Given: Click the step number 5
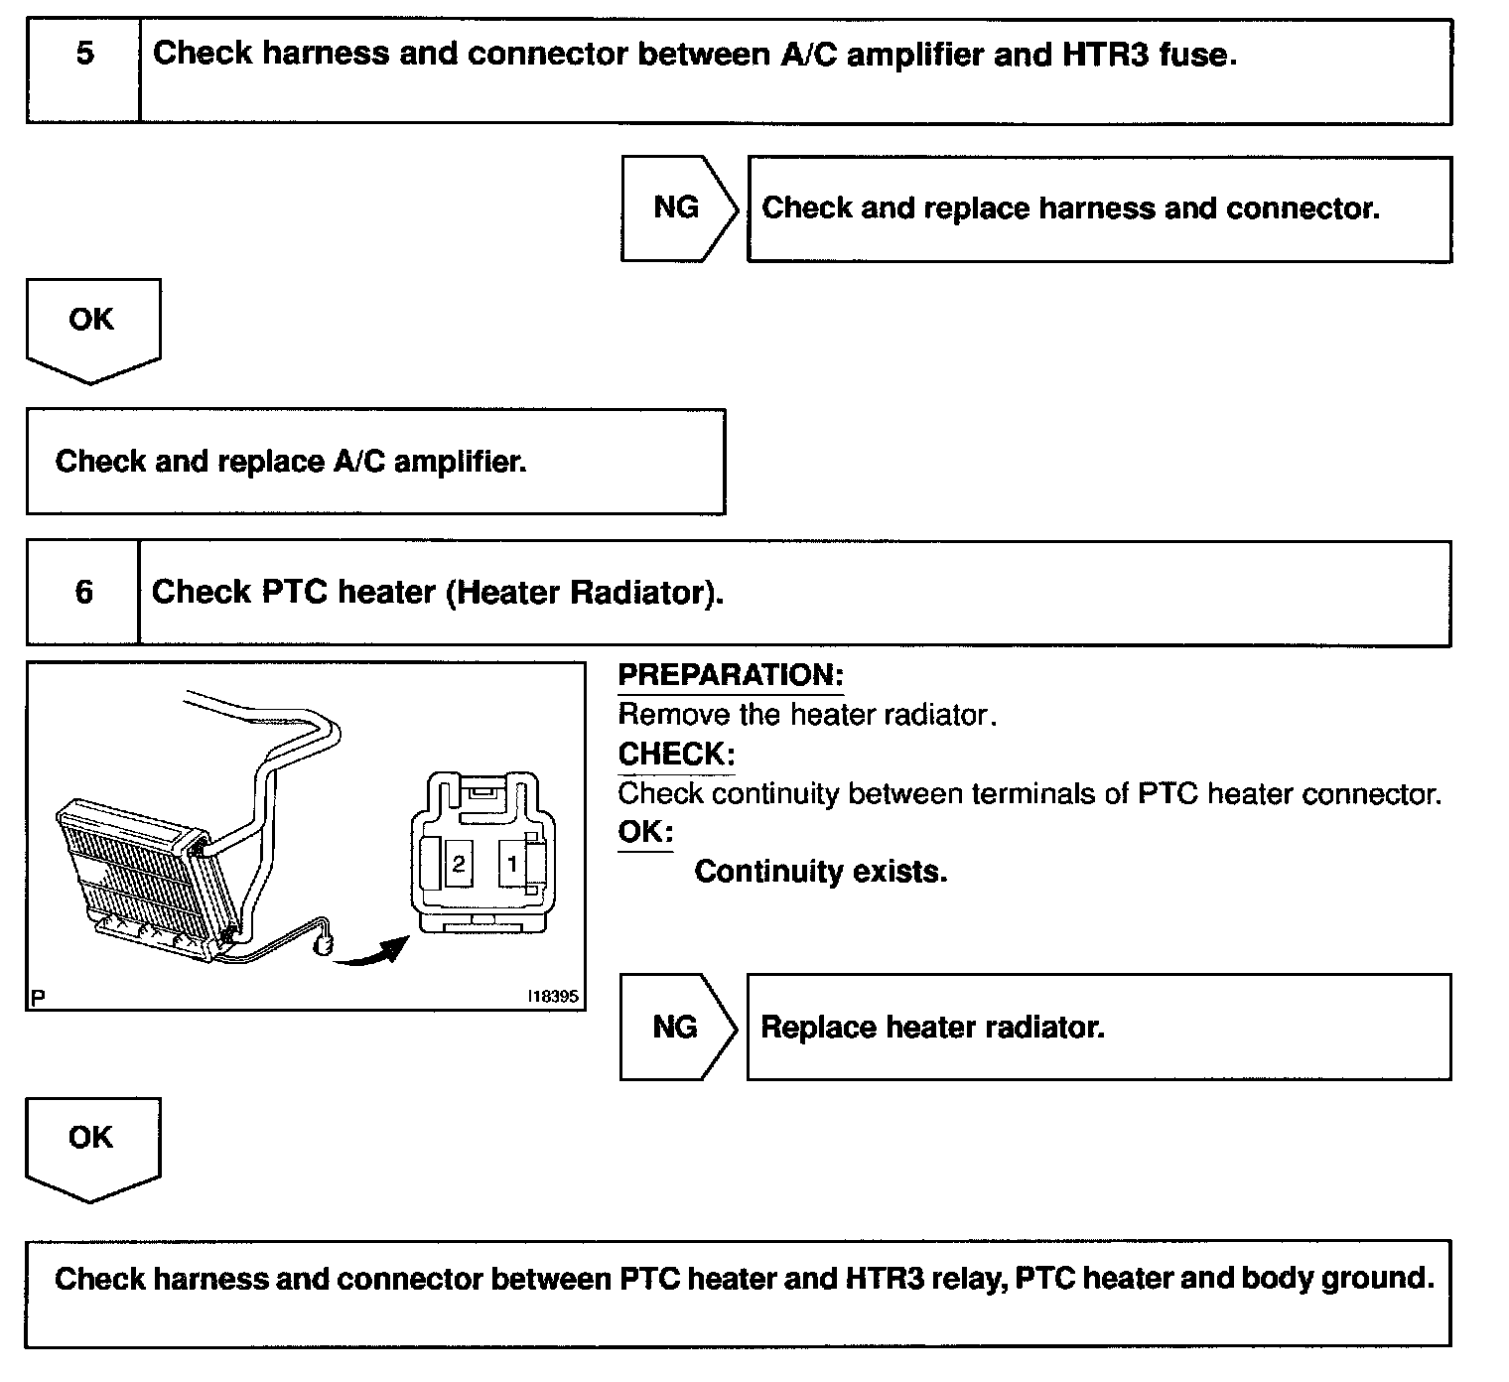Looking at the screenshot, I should [x=84, y=54].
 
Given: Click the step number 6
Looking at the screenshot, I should [x=84, y=593].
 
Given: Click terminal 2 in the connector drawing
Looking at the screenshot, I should [x=458, y=864].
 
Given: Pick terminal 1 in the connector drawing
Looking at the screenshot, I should [x=511, y=864].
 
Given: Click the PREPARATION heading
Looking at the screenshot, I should [x=730, y=675].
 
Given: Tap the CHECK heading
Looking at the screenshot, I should [x=675, y=755].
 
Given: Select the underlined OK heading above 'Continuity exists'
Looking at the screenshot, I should [x=644, y=832].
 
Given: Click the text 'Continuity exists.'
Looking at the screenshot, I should [x=820, y=872].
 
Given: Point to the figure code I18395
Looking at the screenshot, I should [x=553, y=997].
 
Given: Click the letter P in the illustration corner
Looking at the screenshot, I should [x=38, y=998].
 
